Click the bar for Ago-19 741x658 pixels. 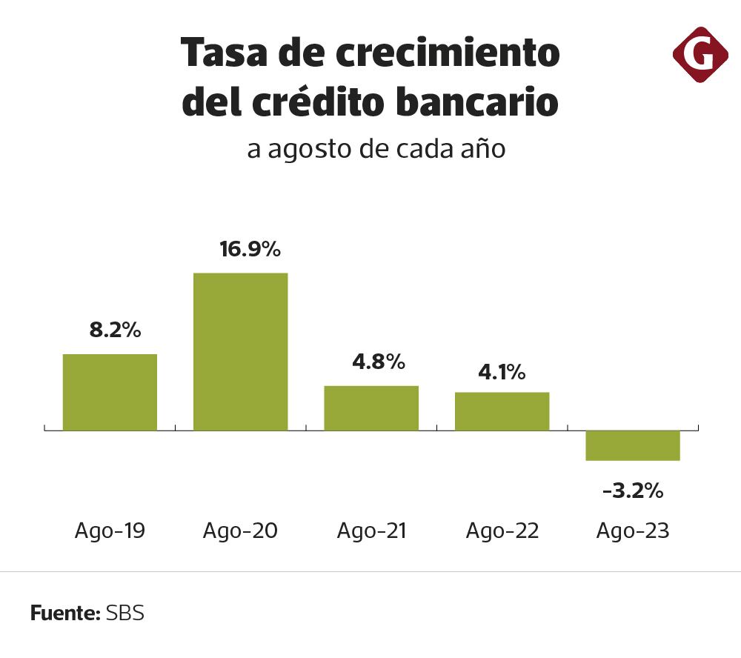110,392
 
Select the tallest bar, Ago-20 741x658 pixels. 240,351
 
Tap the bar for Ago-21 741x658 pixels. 371,408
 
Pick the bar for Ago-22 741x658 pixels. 502,411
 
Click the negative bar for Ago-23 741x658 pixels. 633,445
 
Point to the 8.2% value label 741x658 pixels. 115,330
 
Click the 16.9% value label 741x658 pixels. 250,249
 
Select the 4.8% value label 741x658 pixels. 378,362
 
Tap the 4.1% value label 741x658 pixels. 502,371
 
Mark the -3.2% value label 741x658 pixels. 633,491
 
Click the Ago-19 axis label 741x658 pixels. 110,531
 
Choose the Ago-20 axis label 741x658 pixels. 240,531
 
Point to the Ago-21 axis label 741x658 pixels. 371,531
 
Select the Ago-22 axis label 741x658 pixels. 502,531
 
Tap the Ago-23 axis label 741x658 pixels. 633,531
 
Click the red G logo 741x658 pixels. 700,54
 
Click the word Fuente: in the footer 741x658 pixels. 65,614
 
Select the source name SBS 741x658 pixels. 125,614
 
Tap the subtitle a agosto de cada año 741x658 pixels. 376,149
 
